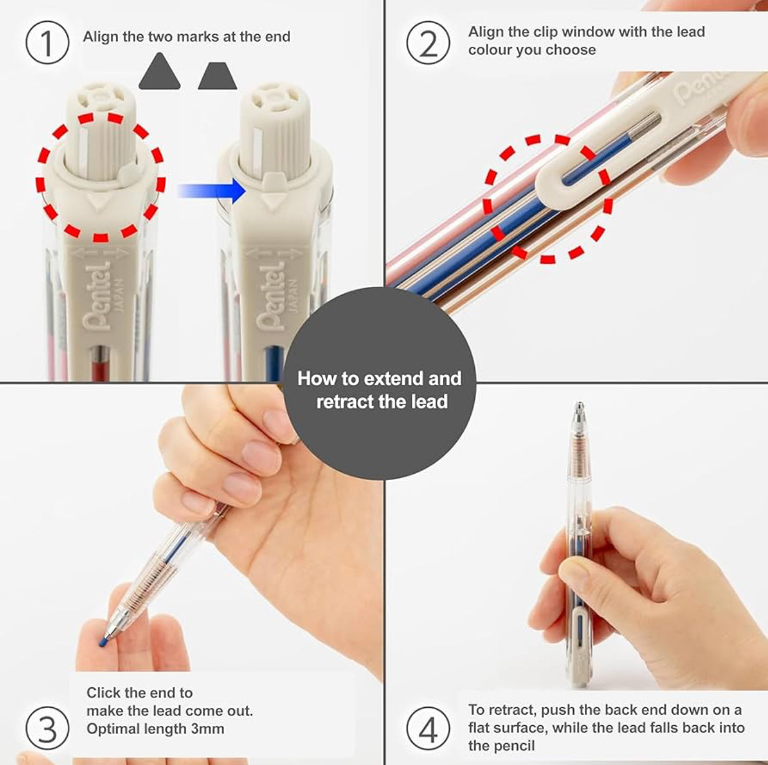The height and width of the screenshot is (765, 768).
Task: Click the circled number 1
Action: click(47, 43)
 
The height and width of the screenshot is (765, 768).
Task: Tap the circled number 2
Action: click(428, 43)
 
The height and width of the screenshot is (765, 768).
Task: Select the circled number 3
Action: click(47, 728)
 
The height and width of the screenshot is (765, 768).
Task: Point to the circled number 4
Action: click(428, 728)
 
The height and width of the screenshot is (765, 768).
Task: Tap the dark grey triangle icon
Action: click(159, 72)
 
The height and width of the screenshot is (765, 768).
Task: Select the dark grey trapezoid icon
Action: click(217, 76)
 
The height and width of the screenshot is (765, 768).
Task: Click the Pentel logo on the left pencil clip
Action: click(98, 296)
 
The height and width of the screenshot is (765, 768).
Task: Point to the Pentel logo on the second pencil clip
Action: click(271, 296)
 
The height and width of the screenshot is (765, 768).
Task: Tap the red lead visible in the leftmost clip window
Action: click(99, 364)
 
